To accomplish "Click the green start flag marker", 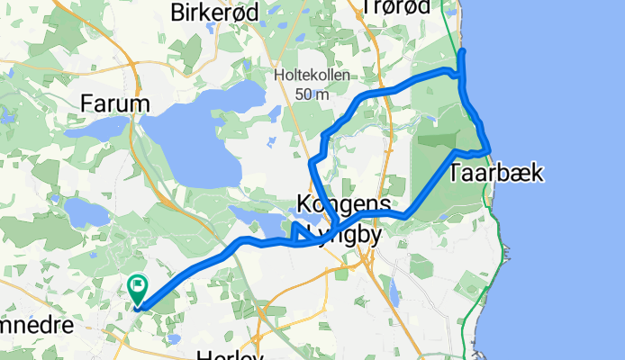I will pyautogui.click(x=138, y=289).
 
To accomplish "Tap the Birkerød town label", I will pyautogui.click(x=214, y=11).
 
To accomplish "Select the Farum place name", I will pyautogui.click(x=114, y=103).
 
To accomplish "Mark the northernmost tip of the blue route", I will pyautogui.click(x=462, y=53).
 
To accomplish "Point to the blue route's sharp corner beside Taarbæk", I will pyautogui.click(x=487, y=150).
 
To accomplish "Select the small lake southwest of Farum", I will pyautogui.click(x=86, y=212).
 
